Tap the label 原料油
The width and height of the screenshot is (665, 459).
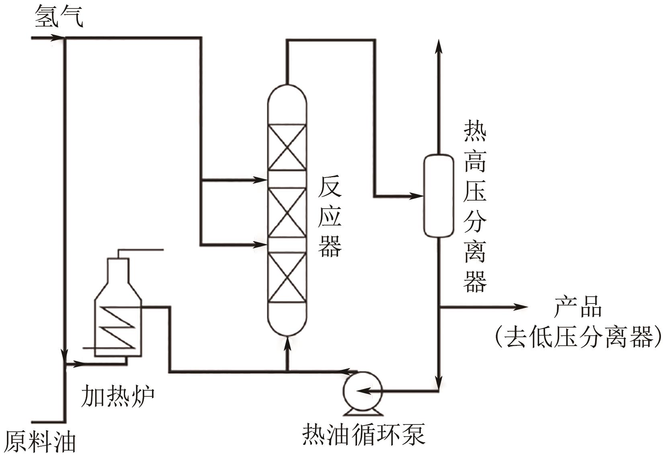[x=40, y=442]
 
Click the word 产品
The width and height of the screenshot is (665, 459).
[x=578, y=307]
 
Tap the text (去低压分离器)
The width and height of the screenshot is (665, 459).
[x=578, y=336]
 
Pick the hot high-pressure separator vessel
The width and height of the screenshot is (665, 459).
[x=439, y=195]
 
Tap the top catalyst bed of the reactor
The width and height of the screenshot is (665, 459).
[x=287, y=148]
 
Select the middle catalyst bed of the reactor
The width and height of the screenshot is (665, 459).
[x=287, y=212]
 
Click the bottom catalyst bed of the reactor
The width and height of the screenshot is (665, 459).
[x=287, y=277]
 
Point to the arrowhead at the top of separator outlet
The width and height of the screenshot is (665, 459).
[x=439, y=45]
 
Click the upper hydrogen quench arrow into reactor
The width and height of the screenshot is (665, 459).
[x=261, y=180]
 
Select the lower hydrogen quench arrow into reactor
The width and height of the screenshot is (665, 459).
[x=261, y=244]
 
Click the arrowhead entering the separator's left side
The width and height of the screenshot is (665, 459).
[x=418, y=196]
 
